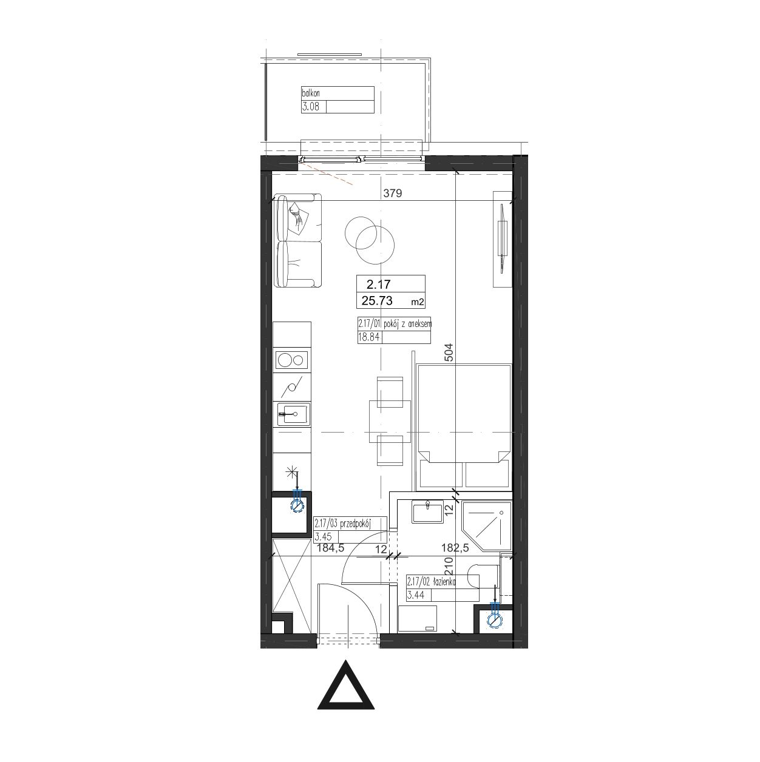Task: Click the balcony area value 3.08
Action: [311, 106]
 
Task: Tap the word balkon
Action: [311, 93]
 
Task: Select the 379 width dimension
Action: [393, 193]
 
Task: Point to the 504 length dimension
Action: [449, 352]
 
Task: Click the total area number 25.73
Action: [377, 301]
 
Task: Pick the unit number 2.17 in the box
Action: [379, 284]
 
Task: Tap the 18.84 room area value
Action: [368, 337]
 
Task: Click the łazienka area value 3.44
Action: [416, 595]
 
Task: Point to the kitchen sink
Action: [293, 414]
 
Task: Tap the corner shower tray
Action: [487, 526]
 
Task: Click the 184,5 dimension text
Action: [331, 548]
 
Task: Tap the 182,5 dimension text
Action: [455, 548]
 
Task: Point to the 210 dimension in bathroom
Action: [449, 567]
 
